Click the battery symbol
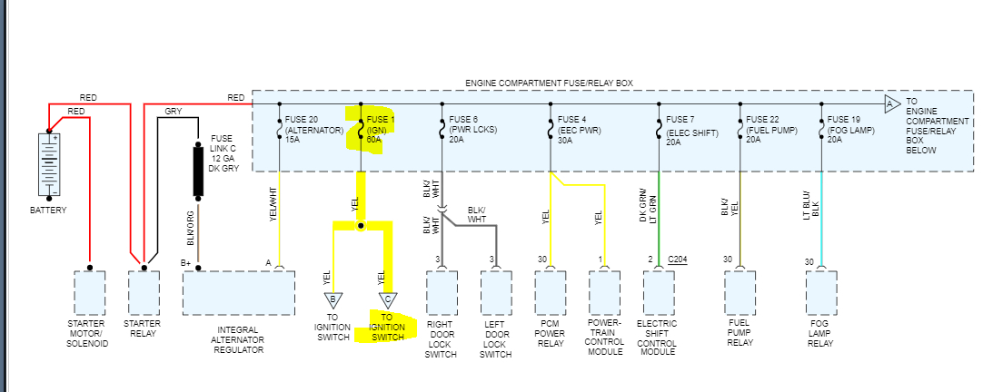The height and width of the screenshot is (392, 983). tap(50, 164)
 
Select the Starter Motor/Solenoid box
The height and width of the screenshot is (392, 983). tap(88, 291)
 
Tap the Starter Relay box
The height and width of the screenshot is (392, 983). tap(144, 291)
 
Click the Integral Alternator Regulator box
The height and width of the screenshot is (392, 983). tap(238, 291)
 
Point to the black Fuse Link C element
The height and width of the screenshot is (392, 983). tap(197, 170)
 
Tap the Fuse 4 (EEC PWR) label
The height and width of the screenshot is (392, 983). tap(577, 130)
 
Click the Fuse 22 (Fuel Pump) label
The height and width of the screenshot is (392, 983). tap(771, 130)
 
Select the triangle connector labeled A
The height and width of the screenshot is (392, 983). tap(890, 105)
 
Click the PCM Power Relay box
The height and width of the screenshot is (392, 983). tap(551, 291)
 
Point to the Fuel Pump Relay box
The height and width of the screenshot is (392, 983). tap(740, 291)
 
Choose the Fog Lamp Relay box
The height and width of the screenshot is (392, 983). tap(822, 291)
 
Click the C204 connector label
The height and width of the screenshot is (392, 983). tap(679, 260)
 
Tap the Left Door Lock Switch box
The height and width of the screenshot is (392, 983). tap(496, 291)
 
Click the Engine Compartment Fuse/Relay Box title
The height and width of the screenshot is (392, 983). tap(549, 83)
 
